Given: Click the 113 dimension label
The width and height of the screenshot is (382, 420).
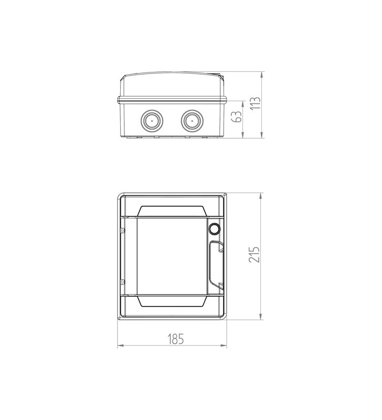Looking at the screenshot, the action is tap(256, 103).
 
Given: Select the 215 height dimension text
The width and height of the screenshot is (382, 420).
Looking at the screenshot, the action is tap(254, 255).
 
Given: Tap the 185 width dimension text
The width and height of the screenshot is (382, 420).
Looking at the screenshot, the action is tap(176, 339).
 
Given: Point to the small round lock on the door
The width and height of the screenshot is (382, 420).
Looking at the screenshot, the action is tap(214, 229).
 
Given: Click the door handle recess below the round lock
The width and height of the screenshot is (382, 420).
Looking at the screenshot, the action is tap(216, 265).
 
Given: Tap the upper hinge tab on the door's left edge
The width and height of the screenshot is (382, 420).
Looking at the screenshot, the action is tap(123, 230).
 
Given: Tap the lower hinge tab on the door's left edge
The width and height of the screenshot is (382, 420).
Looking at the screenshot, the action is tap(123, 281).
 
